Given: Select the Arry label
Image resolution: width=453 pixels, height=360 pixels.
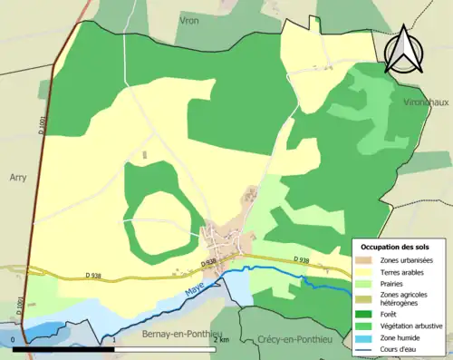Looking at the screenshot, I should point(20,178).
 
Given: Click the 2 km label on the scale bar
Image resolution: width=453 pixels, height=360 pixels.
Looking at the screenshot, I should point(221,340).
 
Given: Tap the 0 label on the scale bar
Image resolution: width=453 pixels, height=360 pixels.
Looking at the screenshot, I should point(13,340).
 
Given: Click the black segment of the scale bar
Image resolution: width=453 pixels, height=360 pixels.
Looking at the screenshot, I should point(64,348).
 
